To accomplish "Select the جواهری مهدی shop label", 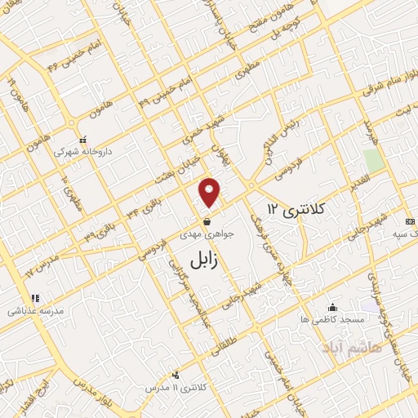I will pyautogui.click(x=208, y=233).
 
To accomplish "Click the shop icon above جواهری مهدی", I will pyautogui.click(x=207, y=221).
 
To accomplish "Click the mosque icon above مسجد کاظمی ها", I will pyautogui.click(x=332, y=308).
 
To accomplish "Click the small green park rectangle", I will pyautogui.click(x=374, y=160).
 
